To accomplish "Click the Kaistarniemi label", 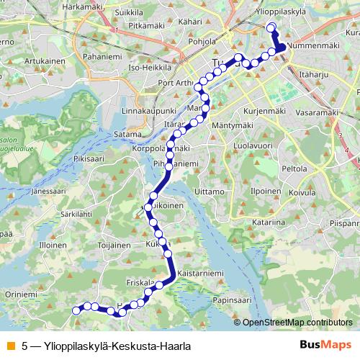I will click(199, 275).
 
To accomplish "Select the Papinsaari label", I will click(235, 298).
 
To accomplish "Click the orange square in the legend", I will click(10, 346).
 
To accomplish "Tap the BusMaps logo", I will click(326, 345).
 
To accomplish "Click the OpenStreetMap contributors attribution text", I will click(297, 323).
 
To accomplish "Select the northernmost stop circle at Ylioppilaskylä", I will click(271, 28).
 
